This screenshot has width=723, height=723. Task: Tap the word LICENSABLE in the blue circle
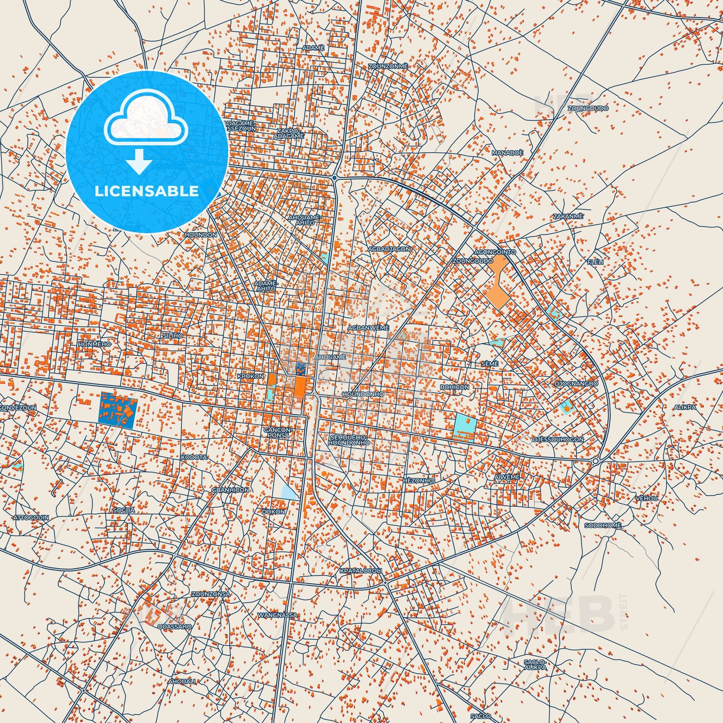pyautogui.click(x=147, y=191)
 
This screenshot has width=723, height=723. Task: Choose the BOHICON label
pyautogui.click(x=454, y=387)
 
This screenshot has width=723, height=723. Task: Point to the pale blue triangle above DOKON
pyautogui.click(x=289, y=492)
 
